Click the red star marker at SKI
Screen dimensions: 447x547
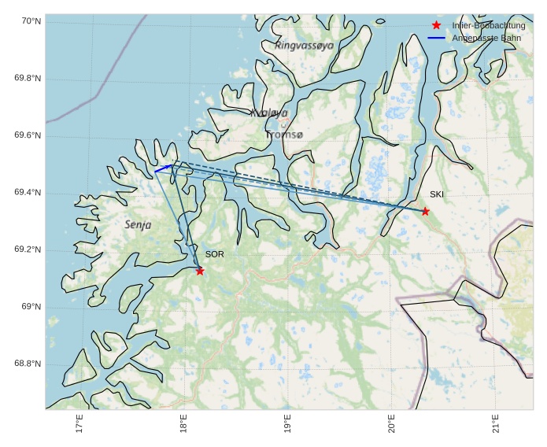[425, 211]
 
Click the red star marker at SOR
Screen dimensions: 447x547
[200, 271]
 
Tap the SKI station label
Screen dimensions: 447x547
[437, 194]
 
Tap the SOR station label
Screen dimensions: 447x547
[214, 254]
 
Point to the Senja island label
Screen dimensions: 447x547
[138, 225]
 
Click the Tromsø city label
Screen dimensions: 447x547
[284, 135]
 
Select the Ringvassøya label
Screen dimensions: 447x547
[304, 46]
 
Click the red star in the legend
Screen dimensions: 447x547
[437, 25]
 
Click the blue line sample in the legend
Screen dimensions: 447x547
[437, 38]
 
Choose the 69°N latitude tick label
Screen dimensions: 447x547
[31, 307]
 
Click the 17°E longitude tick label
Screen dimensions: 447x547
[79, 423]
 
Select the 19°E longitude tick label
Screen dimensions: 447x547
[287, 423]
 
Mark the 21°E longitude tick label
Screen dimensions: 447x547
[495, 423]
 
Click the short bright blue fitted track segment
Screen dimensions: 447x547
[163, 168]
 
